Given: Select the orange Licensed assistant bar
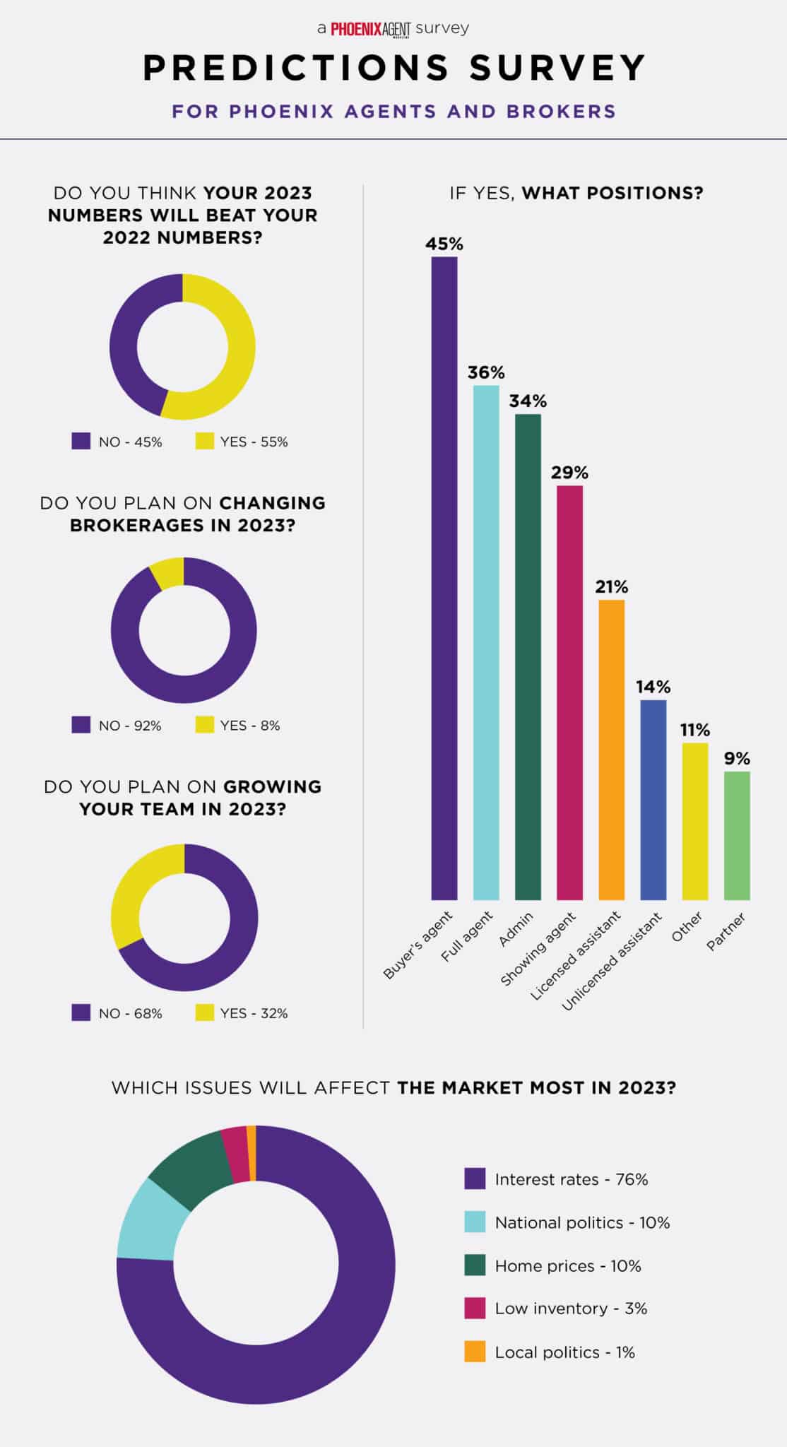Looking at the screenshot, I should pos(611,750).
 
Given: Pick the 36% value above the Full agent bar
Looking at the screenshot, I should pos(486,372).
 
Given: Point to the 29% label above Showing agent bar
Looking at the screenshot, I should pos(569,473).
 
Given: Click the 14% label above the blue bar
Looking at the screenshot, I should pos(653,687).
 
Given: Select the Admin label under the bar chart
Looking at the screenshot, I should pos(515,929).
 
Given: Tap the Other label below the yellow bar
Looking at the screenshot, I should pos(687,926).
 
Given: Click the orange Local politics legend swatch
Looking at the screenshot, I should pos(475,1352).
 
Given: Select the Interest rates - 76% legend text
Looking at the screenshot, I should pos(571,1179).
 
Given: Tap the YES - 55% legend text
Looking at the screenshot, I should pos(254,442).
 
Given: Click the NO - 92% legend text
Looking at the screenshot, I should pos(130,726).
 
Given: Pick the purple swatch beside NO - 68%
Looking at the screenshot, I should pos(81,1013).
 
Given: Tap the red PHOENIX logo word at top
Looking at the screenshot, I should pos(356,29).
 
